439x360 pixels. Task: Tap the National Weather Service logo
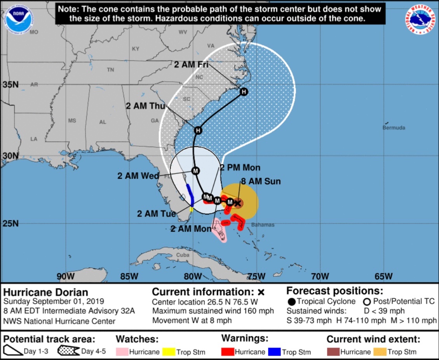click(x=423, y=19)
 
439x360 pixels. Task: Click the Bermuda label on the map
click(x=394, y=128)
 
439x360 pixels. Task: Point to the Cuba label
click(x=183, y=255)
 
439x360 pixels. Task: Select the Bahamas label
click(x=263, y=225)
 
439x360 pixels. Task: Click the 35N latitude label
click(x=11, y=85)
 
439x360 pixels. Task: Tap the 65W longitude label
click(x=383, y=276)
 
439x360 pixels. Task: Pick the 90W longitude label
click(x=65, y=276)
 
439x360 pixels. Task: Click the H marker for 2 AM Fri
click(x=244, y=92)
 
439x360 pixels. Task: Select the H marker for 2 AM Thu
click(x=198, y=130)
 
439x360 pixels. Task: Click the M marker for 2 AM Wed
click(x=195, y=170)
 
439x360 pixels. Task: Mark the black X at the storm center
click(x=238, y=203)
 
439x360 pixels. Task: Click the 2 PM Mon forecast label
click(x=240, y=168)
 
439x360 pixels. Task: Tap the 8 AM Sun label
click(x=261, y=181)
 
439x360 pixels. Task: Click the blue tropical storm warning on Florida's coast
click(x=190, y=195)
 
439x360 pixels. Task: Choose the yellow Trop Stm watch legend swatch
click(x=169, y=352)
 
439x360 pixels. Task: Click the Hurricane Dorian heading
click(x=46, y=292)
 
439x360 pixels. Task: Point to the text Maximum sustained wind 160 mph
click(x=213, y=311)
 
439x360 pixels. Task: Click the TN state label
click(x=111, y=70)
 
